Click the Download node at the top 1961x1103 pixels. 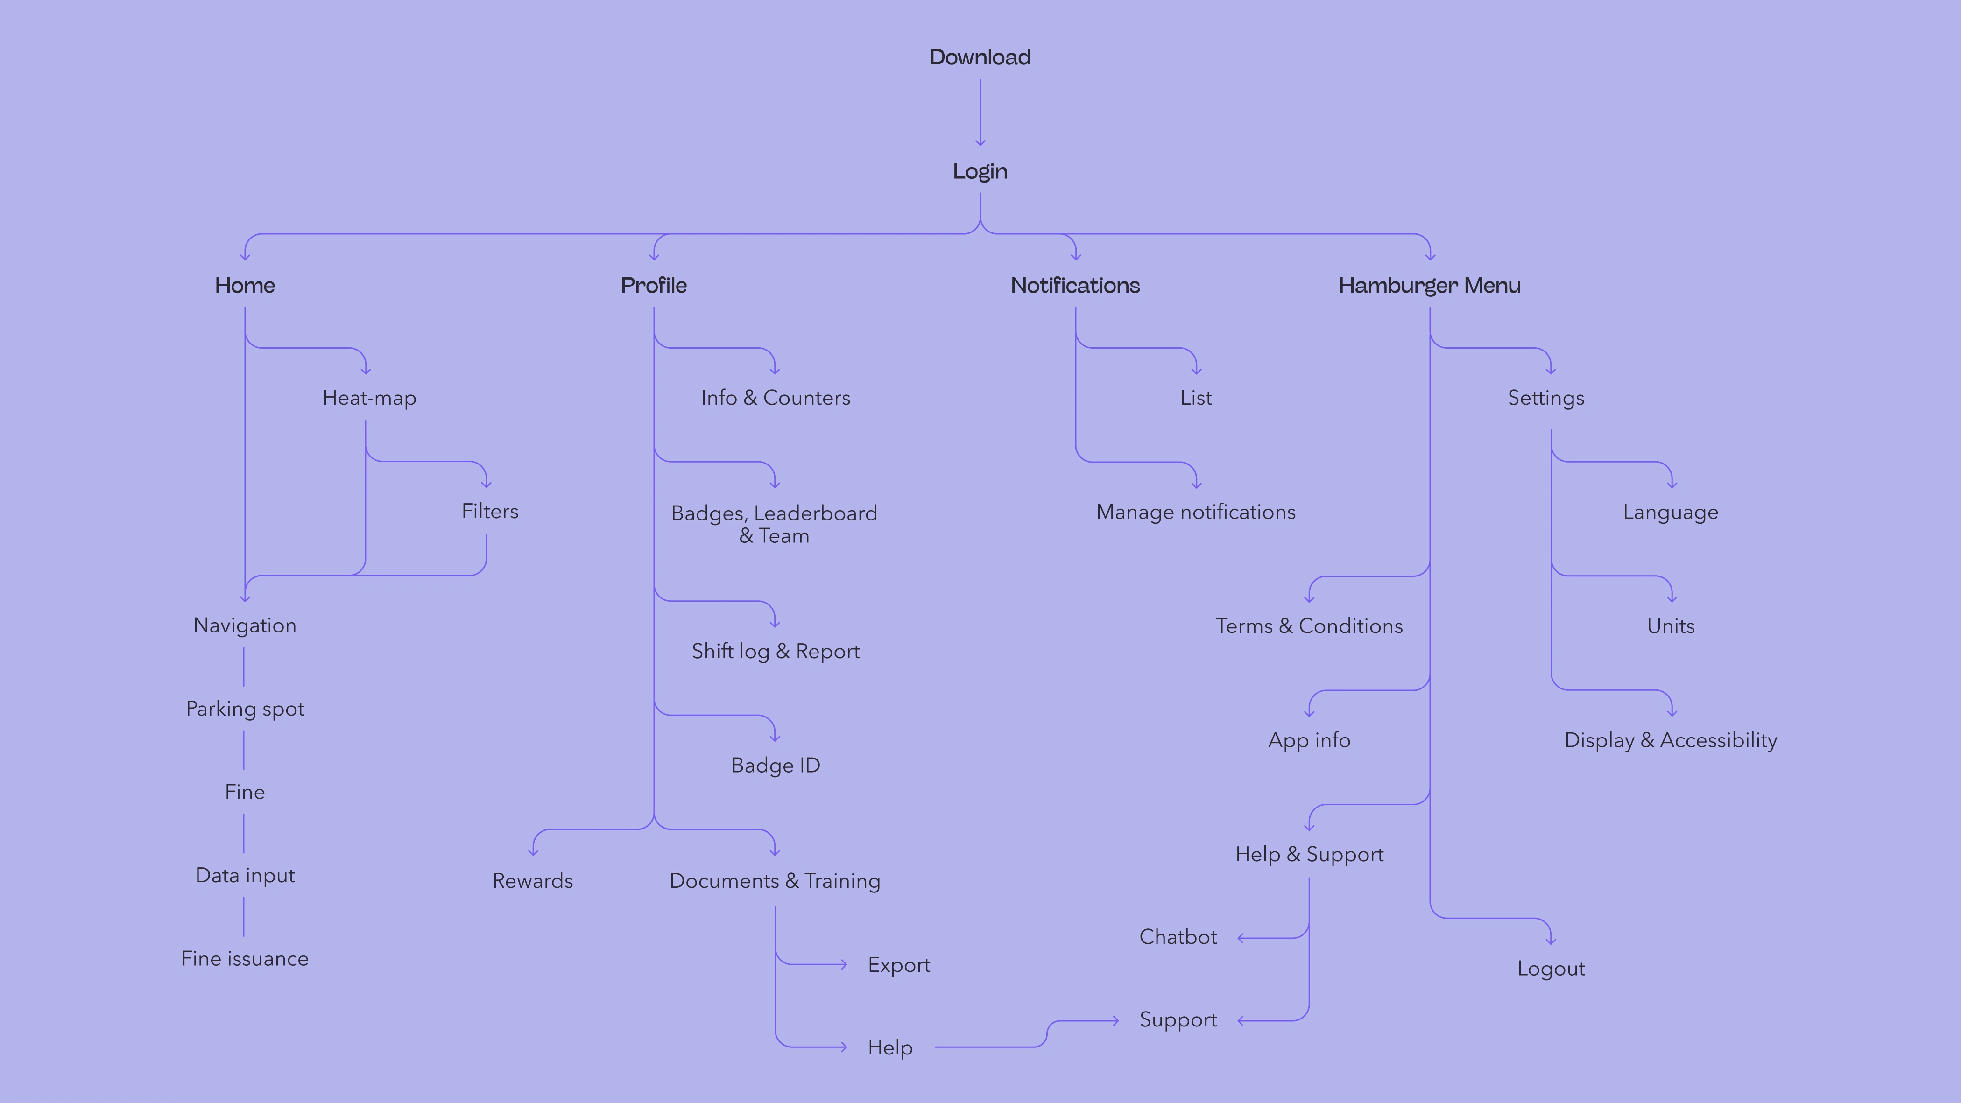[x=980, y=57]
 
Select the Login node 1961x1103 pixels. [x=980, y=171]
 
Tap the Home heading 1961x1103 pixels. [x=244, y=286]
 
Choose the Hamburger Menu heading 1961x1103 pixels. [x=1429, y=286]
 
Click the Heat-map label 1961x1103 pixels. [x=369, y=398]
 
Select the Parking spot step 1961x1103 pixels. [x=244, y=709]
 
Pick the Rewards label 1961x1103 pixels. [x=532, y=881]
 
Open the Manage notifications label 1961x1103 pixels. [x=1195, y=513]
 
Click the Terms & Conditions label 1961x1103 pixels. [x=1309, y=626]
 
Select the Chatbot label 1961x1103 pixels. [x=1178, y=936]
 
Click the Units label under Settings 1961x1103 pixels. [x=1670, y=626]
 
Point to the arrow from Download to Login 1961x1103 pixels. [x=980, y=112]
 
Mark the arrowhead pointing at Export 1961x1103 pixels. [x=844, y=964]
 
